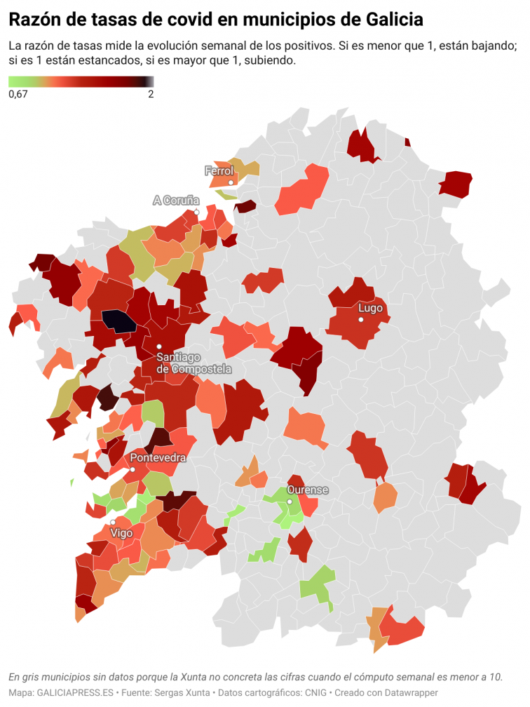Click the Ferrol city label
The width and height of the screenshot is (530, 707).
(x=219, y=170)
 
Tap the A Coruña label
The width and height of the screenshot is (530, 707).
(x=176, y=201)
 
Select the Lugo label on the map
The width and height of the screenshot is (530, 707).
(x=370, y=308)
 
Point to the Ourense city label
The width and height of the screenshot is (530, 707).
(x=308, y=490)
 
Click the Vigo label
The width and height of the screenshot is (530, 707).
(x=122, y=533)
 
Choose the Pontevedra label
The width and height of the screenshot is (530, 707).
(x=158, y=457)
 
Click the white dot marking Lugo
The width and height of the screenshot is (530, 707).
(x=361, y=320)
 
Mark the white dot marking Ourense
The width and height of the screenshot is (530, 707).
(x=289, y=501)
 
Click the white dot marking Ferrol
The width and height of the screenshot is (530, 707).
(x=231, y=182)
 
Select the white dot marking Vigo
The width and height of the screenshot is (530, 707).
(x=113, y=523)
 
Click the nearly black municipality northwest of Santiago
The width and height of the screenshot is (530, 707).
(x=119, y=321)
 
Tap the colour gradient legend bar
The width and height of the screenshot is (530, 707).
(x=81, y=81)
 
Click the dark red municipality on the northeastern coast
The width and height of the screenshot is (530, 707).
(x=456, y=184)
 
